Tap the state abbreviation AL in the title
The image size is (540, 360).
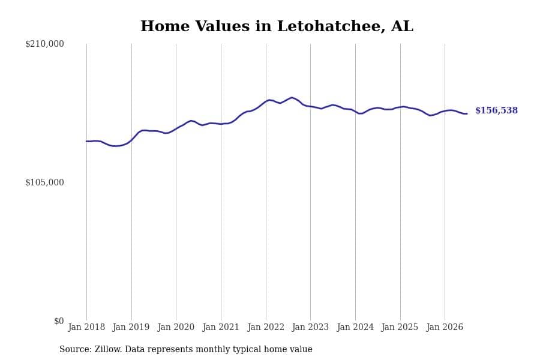click(x=402, y=26)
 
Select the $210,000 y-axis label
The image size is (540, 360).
click(x=44, y=44)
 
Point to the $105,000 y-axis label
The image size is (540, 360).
click(x=44, y=182)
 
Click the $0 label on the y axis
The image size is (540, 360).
click(x=59, y=321)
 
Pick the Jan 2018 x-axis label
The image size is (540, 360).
click(x=86, y=327)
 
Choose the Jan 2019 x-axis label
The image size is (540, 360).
click(x=131, y=327)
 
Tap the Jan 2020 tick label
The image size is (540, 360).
click(x=176, y=327)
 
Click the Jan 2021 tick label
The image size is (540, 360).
click(x=221, y=327)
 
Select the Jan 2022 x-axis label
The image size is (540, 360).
click(x=266, y=327)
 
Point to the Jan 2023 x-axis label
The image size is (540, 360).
click(x=310, y=327)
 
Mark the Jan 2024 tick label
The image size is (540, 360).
click(x=355, y=327)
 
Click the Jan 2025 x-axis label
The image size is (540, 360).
click(x=400, y=327)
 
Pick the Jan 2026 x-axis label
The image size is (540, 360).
click(x=445, y=327)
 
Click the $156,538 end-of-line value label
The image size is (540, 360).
click(x=496, y=110)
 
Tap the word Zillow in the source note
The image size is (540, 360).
click(x=108, y=349)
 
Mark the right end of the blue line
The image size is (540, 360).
click(x=467, y=113)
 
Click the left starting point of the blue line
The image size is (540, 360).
click(x=86, y=141)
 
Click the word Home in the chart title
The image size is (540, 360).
click(x=165, y=26)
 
